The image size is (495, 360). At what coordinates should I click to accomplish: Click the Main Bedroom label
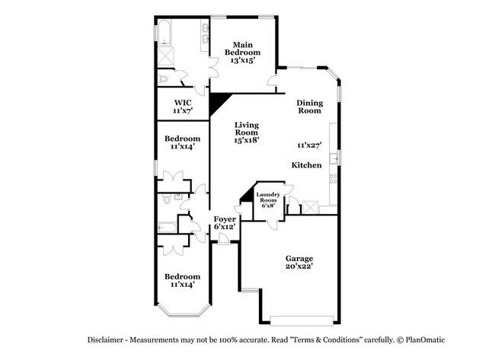tap(242, 52)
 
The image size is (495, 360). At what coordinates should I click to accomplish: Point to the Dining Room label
tap(309, 107)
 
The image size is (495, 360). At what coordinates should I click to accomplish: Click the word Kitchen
tap(306, 165)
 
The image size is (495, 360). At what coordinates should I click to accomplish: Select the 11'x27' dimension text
tap(309, 145)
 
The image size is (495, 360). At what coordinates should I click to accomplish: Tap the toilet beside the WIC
tap(162, 78)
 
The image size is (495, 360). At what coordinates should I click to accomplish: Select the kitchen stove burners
tap(333, 180)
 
